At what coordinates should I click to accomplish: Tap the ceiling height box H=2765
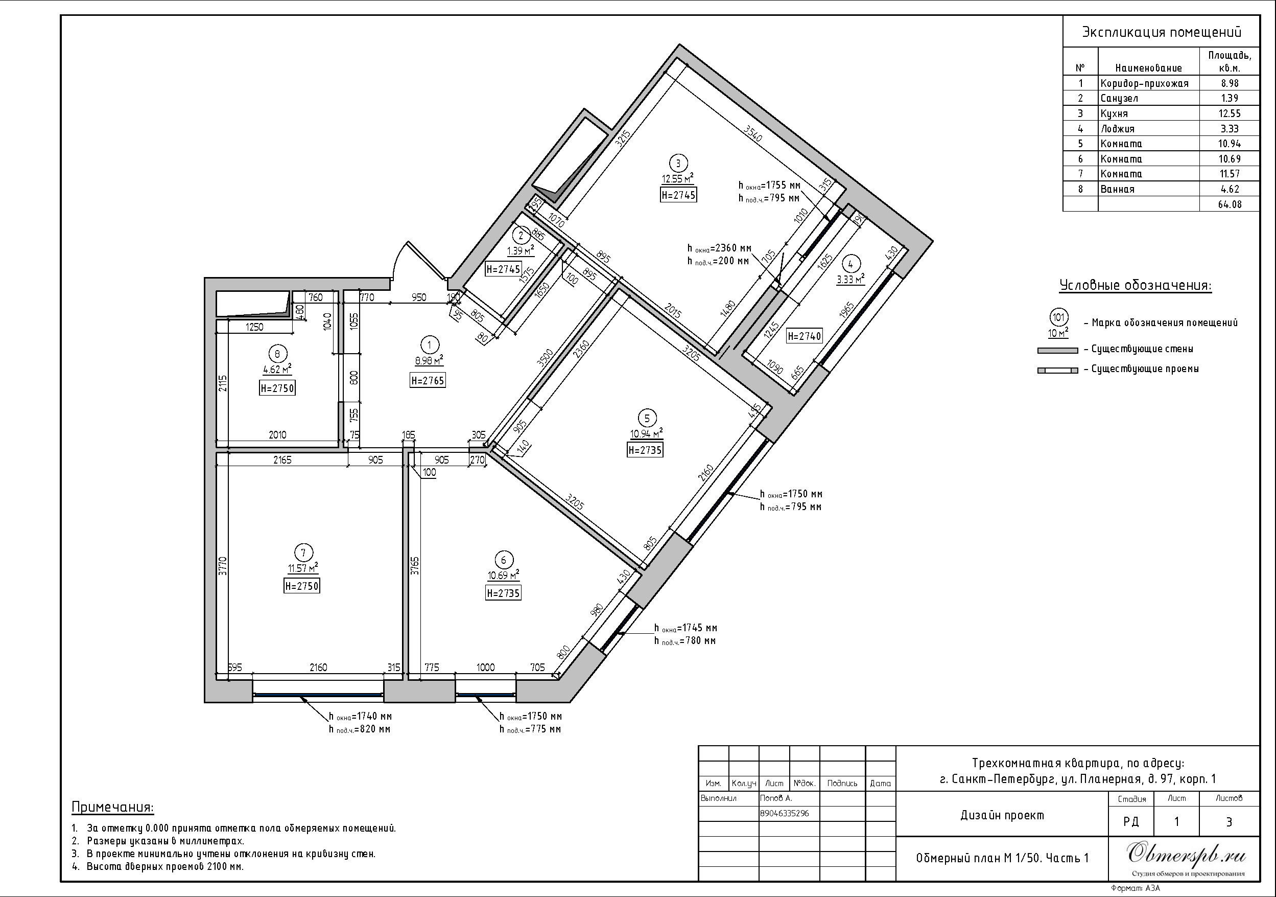pyautogui.click(x=428, y=380)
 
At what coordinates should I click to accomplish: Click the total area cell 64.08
pyautogui.click(x=1230, y=204)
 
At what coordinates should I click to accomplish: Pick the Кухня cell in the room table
pyautogui.click(x=1114, y=113)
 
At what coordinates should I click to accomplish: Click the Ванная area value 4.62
pyautogui.click(x=1230, y=189)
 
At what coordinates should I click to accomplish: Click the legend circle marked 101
pyautogui.click(x=1059, y=317)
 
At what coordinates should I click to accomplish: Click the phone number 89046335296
pyautogui.click(x=784, y=813)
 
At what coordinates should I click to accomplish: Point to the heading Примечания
pyautogui.click(x=113, y=807)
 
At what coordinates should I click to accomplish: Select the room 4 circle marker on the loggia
pyautogui.click(x=851, y=264)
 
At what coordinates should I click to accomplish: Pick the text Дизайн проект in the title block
pyautogui.click(x=1002, y=815)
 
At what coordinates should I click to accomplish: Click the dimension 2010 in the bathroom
pyautogui.click(x=277, y=435)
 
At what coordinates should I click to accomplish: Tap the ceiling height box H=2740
pyautogui.click(x=804, y=336)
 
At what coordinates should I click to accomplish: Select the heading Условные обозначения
pyautogui.click(x=1135, y=286)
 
